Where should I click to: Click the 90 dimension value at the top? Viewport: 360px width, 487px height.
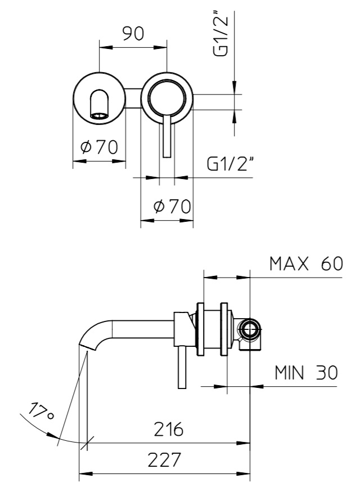click(x=133, y=34)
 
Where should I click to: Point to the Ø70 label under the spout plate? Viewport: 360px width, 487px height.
click(x=100, y=147)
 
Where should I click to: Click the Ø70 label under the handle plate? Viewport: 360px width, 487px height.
click(x=172, y=206)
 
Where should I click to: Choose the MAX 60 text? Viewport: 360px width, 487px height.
click(x=306, y=264)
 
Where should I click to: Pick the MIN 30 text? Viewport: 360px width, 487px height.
click(x=306, y=372)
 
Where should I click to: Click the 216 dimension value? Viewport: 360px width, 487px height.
click(x=169, y=429)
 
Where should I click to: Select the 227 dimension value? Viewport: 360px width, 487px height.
click(x=164, y=460)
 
